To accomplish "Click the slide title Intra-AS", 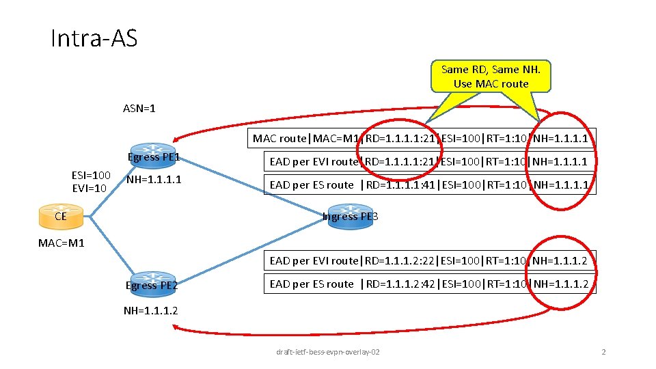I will (94, 38).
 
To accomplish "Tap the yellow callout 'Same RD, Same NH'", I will (491, 76).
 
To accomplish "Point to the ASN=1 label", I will (139, 108).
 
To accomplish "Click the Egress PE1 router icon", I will (153, 151).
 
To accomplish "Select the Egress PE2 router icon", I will (152, 279).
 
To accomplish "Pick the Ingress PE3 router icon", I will (350, 210).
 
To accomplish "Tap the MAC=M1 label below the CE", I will (61, 243).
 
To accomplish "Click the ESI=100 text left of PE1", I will (91, 175).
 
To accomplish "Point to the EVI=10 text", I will (90, 188).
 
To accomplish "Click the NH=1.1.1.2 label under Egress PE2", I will (151, 310).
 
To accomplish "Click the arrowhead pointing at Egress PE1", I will (176, 137).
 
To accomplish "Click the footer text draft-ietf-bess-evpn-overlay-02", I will (328, 352).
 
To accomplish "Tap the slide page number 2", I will (603, 352).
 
